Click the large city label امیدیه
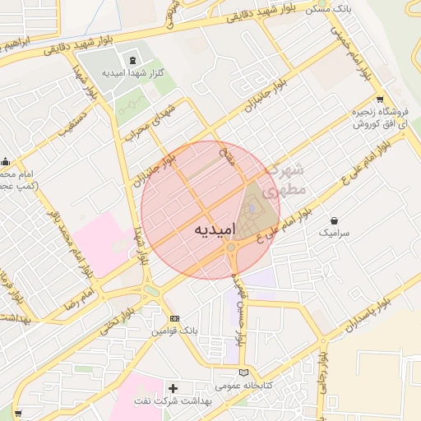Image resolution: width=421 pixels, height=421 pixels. pyautogui.click(x=215, y=228)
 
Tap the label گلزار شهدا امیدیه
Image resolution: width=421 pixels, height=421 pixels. pyautogui.click(x=132, y=73)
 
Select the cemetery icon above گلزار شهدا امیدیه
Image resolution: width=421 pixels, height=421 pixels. pyautogui.click(x=133, y=59)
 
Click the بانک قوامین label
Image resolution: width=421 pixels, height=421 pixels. pyautogui.click(x=173, y=331)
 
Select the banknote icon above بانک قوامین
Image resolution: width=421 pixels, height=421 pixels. pyautogui.click(x=173, y=317)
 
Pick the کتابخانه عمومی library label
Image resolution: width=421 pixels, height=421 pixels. pyautogui.click(x=242, y=384)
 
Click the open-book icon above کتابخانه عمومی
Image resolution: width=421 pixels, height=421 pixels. pyautogui.click(x=242, y=371)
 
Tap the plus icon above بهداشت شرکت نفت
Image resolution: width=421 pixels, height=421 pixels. pyautogui.click(x=173, y=387)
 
